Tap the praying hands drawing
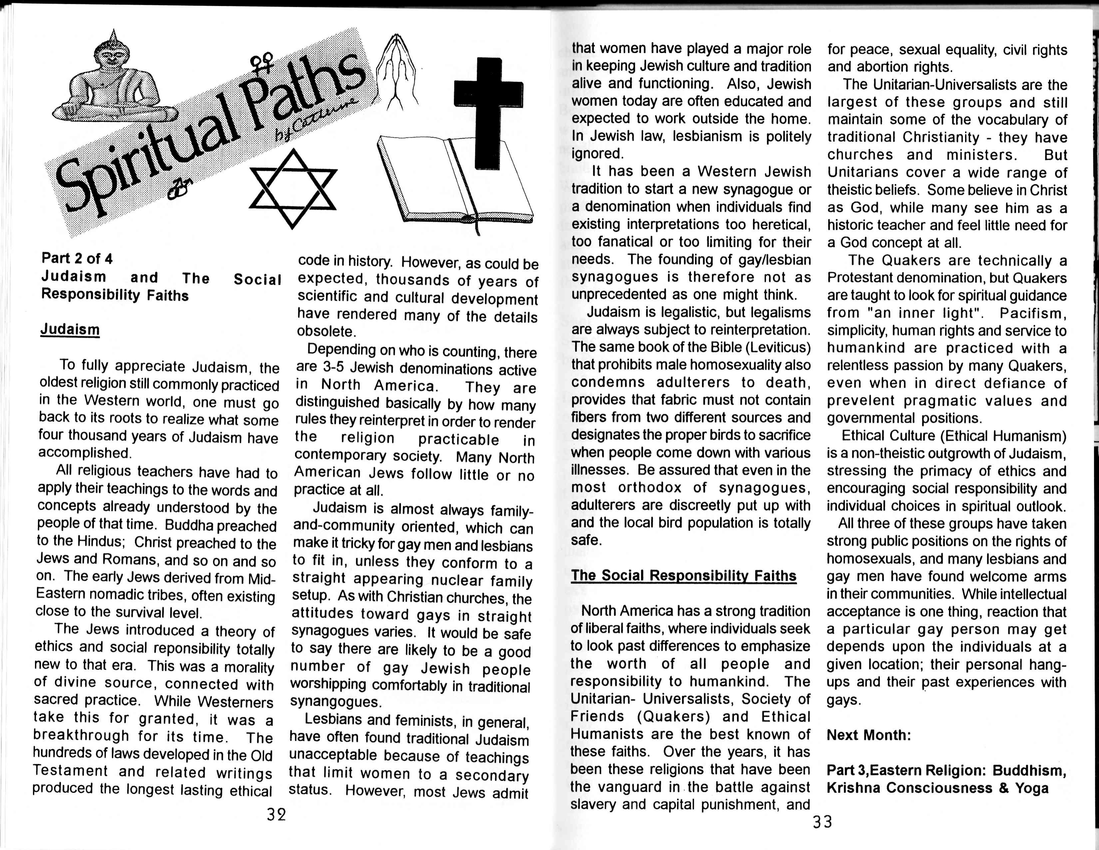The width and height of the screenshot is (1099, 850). point(398,70)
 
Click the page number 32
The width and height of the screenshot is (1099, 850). point(276,814)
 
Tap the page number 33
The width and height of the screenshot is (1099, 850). point(822,822)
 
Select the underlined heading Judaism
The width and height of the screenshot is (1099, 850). point(70,329)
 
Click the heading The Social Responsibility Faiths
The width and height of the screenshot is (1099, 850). point(683,576)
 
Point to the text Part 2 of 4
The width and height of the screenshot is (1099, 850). point(77,258)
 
